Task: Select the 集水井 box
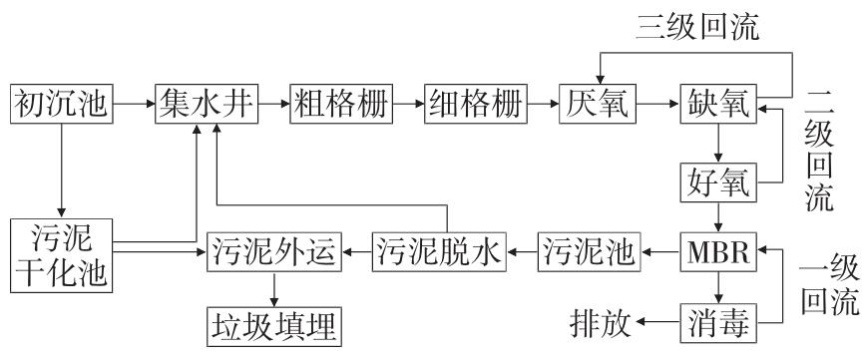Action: (206, 103)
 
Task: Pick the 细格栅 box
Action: (476, 103)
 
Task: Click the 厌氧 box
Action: (597, 103)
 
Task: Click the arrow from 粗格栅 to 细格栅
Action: (407, 103)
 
